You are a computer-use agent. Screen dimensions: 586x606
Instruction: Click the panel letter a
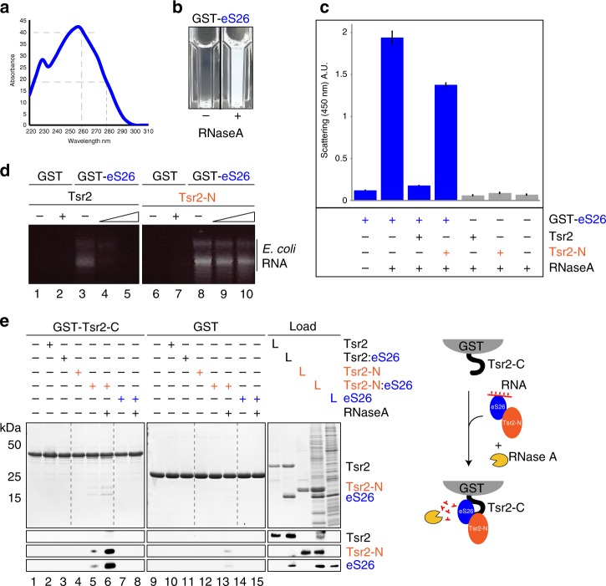[8, 8]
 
